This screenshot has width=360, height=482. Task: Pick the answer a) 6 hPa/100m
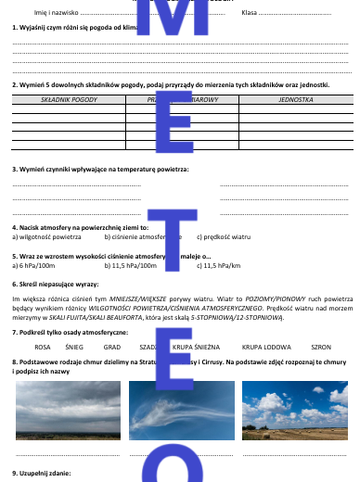[38, 265]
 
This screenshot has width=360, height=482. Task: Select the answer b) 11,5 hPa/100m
[130, 265]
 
